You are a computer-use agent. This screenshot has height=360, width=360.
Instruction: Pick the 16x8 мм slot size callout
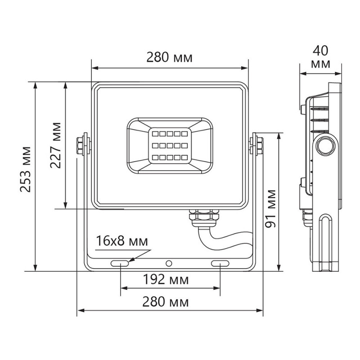(x=122, y=242)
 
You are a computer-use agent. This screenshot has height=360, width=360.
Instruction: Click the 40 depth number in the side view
(x=320, y=48)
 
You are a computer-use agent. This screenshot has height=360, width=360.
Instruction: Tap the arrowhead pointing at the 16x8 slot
(x=131, y=260)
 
